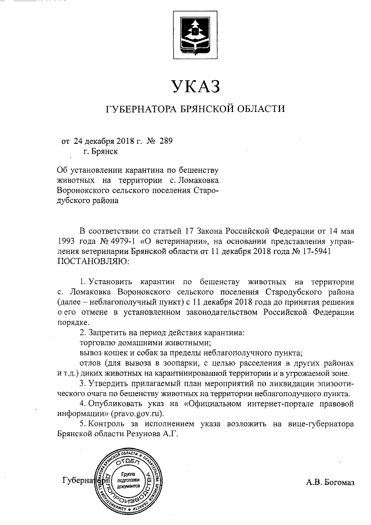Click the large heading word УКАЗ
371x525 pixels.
tap(195, 87)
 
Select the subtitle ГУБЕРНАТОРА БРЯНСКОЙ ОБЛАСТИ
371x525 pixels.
tap(195, 108)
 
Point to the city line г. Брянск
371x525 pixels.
tap(101, 151)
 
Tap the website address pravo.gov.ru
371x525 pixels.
tap(138, 414)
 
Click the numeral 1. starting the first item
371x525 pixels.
tap(82, 281)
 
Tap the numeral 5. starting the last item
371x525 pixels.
tap(82, 424)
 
